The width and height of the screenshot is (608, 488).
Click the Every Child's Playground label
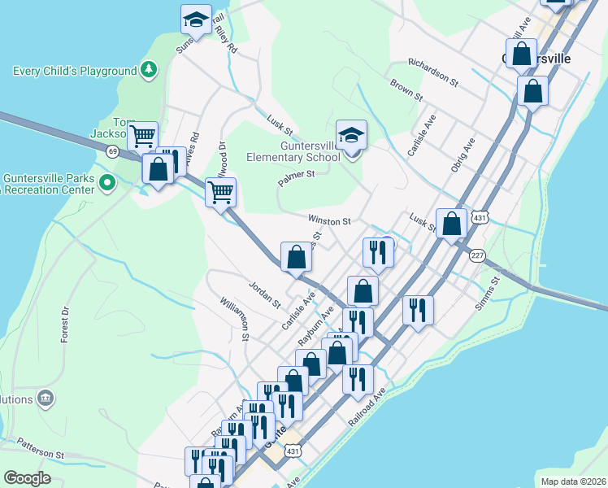(75, 71)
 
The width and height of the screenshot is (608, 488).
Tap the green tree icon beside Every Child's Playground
(148, 71)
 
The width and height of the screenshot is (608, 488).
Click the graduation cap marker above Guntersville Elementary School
(351, 135)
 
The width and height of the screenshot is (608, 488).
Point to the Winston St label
(329, 220)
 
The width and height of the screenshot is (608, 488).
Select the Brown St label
(406, 89)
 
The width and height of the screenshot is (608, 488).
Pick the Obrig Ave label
(463, 155)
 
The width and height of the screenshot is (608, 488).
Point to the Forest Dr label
(64, 324)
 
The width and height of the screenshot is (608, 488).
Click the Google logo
(28, 477)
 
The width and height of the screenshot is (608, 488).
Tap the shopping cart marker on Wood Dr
(221, 193)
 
